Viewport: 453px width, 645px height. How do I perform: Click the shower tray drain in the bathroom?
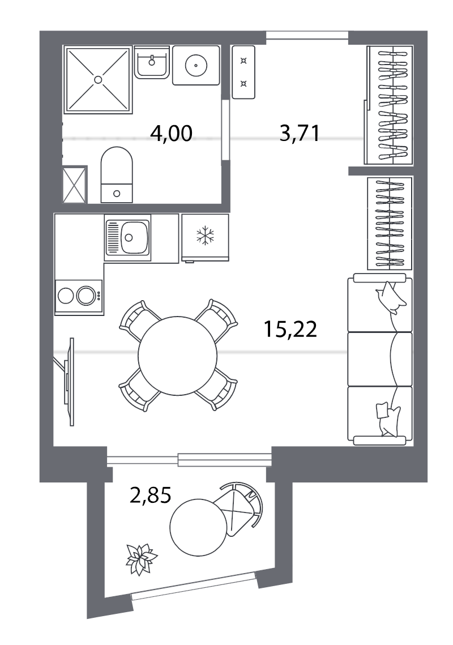(98, 80)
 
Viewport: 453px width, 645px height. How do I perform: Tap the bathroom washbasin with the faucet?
(151, 62)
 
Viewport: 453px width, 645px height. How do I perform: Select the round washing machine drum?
(196, 66)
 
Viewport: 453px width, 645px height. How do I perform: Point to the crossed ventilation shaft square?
(74, 185)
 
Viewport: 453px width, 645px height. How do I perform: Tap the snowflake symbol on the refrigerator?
(204, 236)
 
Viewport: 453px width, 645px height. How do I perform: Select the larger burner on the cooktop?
(86, 296)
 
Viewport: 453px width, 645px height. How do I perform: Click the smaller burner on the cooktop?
(66, 296)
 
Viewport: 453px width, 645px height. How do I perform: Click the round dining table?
(177, 355)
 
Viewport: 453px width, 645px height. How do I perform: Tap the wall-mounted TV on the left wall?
(69, 381)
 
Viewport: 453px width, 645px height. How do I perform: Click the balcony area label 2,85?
(150, 496)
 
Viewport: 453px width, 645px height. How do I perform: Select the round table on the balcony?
(198, 527)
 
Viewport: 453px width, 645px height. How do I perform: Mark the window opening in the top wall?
(307, 35)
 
